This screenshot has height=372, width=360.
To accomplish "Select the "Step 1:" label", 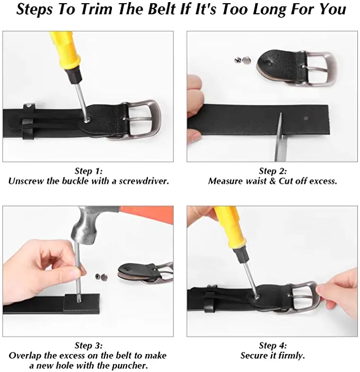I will point(88,171).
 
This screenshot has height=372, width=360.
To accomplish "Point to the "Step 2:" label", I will point(273,171).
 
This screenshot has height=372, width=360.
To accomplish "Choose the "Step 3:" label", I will point(88,346).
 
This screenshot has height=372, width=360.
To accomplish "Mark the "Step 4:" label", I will point(273,346).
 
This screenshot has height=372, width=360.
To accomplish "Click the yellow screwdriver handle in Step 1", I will point(62,53).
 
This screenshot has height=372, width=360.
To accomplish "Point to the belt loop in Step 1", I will point(28,123).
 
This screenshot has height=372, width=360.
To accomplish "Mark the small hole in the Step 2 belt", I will point(307,118).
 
